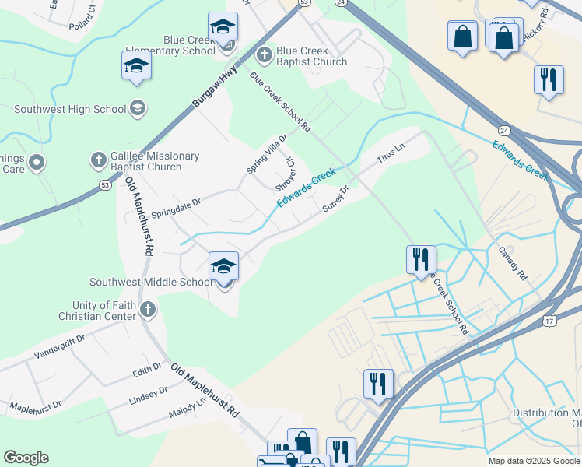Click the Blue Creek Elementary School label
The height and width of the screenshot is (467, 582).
(x=189, y=45)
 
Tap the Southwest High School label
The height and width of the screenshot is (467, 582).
(x=70, y=109)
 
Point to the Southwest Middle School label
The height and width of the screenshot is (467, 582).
(x=151, y=282)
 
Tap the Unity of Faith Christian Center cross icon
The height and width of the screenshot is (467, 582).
(x=148, y=311)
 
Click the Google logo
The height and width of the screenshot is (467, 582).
(x=26, y=458)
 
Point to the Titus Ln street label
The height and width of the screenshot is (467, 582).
(x=391, y=153)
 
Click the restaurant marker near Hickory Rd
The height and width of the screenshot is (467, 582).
(x=549, y=79)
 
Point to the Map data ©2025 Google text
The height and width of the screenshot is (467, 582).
(x=533, y=461)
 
